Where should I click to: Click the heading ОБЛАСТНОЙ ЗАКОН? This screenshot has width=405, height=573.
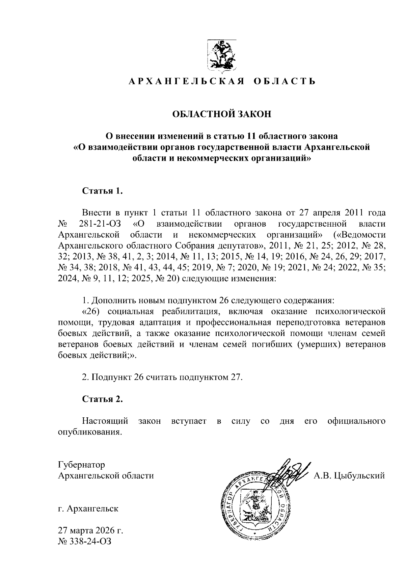tap(222, 114)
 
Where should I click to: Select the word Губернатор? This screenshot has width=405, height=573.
tap(81, 465)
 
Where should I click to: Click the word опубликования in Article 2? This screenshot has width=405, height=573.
tap(89, 432)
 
